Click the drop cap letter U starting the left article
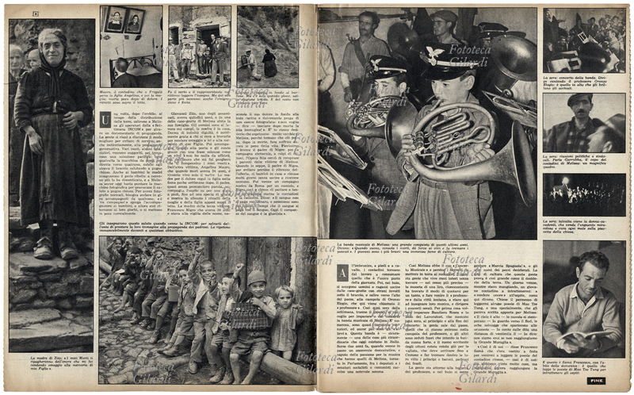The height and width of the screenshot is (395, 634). [x=104, y=120]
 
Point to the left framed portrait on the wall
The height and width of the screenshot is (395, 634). [x=113, y=21]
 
